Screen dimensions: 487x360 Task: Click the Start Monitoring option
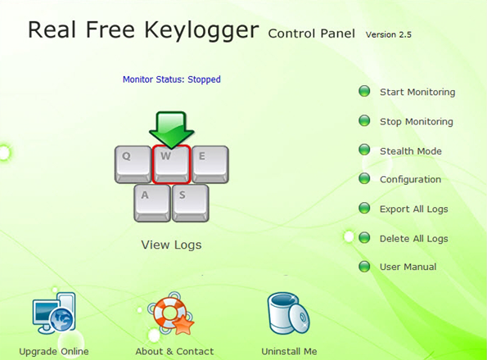point(417,92)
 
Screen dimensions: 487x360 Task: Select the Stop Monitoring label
point(416,122)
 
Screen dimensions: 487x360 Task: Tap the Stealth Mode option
point(411,151)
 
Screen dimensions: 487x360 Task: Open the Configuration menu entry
point(410,180)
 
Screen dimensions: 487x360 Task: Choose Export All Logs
point(413,209)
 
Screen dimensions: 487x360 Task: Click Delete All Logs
point(413,239)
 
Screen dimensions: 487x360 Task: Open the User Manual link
point(408,267)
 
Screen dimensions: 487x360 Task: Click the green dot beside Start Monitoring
point(364,92)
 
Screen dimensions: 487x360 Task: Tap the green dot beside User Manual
point(364,266)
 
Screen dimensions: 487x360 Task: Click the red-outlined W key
point(171,164)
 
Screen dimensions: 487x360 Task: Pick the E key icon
point(210,164)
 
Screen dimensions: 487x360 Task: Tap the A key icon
point(152,203)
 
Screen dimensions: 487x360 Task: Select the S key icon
point(191,203)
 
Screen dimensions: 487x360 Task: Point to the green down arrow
point(172,130)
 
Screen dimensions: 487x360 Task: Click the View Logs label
point(171,245)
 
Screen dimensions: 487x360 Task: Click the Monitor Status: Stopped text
point(171,79)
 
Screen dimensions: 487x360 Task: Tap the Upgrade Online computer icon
point(54,313)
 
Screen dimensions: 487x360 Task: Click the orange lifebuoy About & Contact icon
point(171,313)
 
